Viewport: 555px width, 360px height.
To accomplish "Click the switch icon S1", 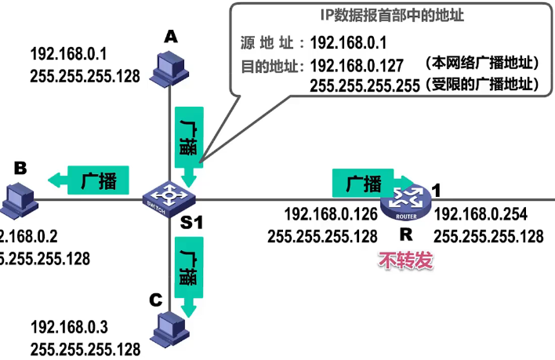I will (170, 196).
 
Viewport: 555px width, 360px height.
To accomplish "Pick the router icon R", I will (404, 202).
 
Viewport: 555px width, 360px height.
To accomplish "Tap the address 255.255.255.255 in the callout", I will (365, 85).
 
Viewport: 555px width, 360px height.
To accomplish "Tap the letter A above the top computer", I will (170, 35).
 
